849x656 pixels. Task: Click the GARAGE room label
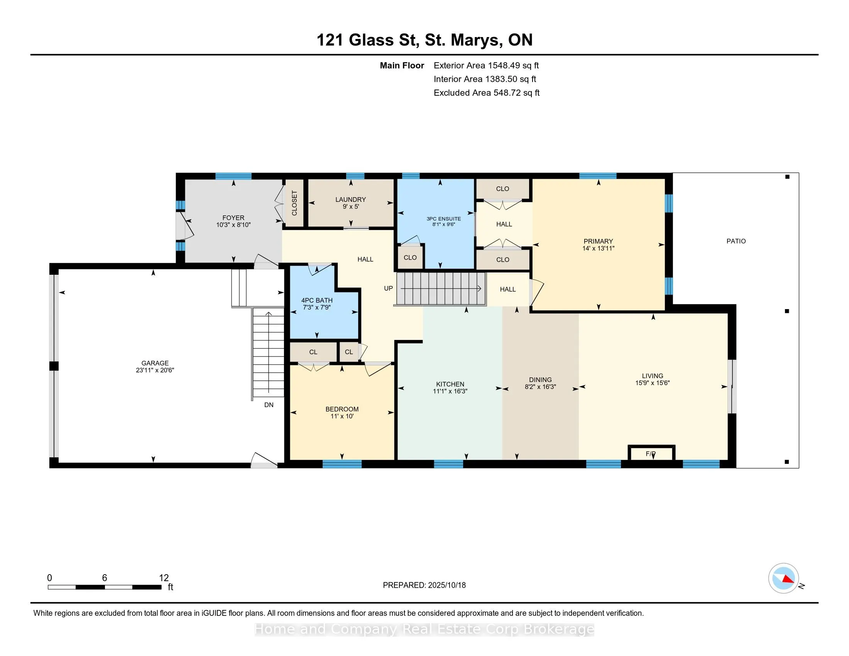click(155, 363)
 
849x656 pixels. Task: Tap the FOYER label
click(233, 218)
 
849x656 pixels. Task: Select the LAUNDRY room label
click(351, 200)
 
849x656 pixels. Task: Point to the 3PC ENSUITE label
click(443, 219)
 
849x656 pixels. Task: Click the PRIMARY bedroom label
click(598, 241)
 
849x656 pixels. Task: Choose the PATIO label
click(736, 241)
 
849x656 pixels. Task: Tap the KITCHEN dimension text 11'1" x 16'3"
click(450, 391)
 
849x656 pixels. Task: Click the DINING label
click(540, 380)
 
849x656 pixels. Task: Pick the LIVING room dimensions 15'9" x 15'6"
click(652, 383)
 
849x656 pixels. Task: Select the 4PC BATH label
click(317, 300)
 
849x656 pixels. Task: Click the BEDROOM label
click(342, 409)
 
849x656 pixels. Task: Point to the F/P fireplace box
click(651, 453)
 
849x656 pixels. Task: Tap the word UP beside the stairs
click(388, 288)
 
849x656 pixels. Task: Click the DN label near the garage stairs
click(269, 404)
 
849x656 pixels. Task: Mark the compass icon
click(783, 578)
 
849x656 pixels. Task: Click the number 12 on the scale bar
click(164, 578)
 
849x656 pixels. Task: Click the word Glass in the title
click(371, 40)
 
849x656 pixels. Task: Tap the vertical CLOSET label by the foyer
click(294, 203)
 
